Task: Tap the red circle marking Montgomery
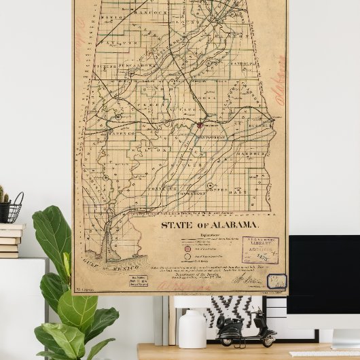click(x=200, y=124)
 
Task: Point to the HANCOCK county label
click(x=154, y=12)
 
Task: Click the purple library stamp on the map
click(x=260, y=250)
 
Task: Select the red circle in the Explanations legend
click(x=187, y=249)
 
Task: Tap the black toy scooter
click(x=247, y=329)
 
